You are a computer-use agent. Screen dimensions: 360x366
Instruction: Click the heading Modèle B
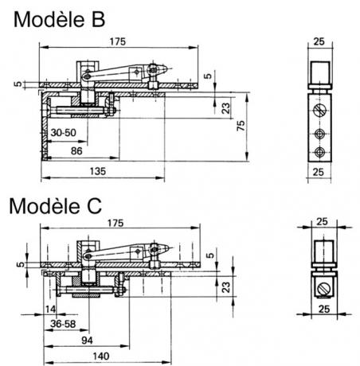[x=59, y=19]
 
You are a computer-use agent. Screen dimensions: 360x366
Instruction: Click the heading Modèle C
[x=56, y=206]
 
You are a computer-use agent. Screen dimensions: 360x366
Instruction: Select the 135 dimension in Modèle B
[x=98, y=171]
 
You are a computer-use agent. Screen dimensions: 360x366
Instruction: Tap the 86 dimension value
[x=76, y=151]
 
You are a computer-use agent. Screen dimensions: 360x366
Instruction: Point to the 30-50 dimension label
[x=63, y=132]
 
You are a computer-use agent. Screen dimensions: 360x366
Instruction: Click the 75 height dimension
[x=241, y=126]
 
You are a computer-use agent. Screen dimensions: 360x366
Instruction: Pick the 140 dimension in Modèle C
[x=101, y=356]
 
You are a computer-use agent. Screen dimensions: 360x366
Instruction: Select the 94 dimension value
[x=88, y=341]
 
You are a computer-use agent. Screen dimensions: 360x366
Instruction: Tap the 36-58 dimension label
[x=63, y=324]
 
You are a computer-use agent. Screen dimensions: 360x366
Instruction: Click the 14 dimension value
[x=50, y=309]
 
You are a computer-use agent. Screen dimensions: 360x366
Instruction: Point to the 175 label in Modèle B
[x=117, y=41]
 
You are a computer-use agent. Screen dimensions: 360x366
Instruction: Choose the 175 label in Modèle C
[x=115, y=223]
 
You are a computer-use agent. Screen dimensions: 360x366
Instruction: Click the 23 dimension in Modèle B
[x=226, y=108]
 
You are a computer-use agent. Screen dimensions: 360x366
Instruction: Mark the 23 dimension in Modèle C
[x=226, y=287]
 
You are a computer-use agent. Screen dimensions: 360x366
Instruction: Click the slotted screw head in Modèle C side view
[x=324, y=289]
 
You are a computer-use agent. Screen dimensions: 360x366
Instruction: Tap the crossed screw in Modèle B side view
[x=319, y=110]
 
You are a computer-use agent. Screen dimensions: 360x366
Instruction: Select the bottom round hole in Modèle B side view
[x=319, y=152]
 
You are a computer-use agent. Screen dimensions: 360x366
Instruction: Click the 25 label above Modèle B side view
[x=319, y=41]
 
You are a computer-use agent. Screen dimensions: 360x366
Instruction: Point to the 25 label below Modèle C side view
[x=324, y=309]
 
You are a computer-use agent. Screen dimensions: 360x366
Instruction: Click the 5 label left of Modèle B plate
[x=18, y=84]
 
